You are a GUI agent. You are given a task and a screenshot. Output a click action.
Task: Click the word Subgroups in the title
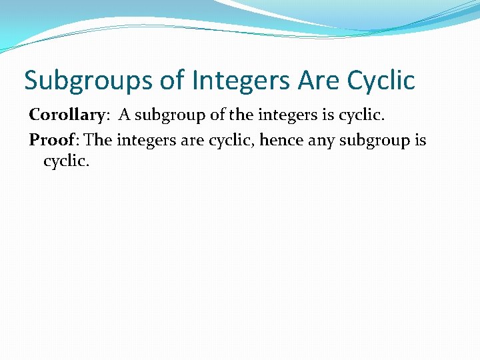pos(88,81)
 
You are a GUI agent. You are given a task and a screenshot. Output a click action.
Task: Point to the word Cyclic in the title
pos(381,81)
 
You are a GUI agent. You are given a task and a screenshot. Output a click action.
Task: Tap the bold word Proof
pos(51,141)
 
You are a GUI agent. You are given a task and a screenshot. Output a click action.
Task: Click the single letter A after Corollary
pos(125,115)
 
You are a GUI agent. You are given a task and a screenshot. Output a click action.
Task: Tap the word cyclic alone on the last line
pos(65,161)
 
